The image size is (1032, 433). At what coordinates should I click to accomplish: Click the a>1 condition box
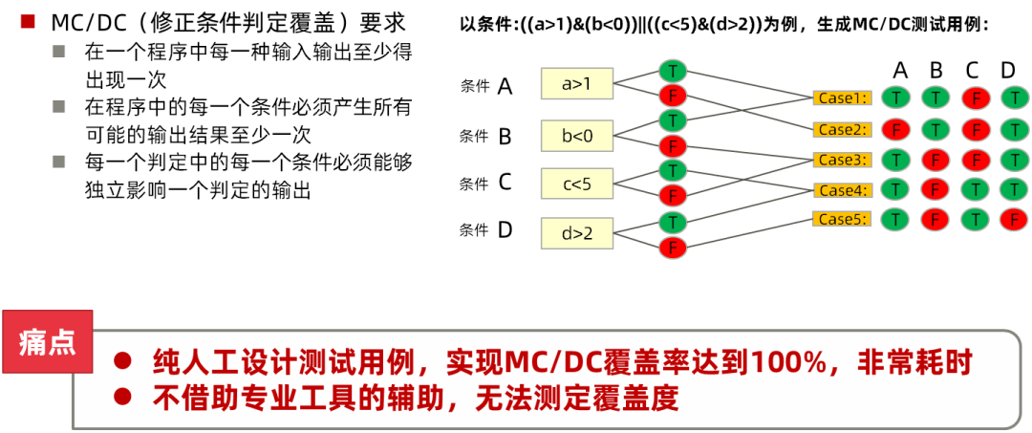tap(576, 84)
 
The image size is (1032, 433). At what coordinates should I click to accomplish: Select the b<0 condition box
tap(576, 136)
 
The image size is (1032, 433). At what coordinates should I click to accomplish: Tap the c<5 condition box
tap(576, 184)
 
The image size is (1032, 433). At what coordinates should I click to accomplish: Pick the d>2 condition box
tap(576, 234)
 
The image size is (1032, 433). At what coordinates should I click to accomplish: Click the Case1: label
tap(842, 97)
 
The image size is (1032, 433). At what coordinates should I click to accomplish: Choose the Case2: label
tap(842, 129)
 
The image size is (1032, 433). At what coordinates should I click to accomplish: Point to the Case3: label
tap(842, 160)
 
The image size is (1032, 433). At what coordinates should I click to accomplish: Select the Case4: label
tap(842, 190)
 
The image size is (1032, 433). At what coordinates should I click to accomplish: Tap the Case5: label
tap(842, 219)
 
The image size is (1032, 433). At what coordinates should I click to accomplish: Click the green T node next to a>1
tap(673, 72)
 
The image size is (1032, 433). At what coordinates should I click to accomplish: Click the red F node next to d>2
tap(673, 248)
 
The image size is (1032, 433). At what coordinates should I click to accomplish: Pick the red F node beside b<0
tap(673, 146)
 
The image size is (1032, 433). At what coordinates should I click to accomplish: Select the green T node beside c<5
tap(673, 170)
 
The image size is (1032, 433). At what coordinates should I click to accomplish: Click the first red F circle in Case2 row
tap(894, 129)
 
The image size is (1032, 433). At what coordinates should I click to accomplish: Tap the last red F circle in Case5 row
tap(1013, 219)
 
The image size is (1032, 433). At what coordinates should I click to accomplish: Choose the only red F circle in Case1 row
tap(975, 97)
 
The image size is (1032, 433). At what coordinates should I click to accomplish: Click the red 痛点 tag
tap(47, 342)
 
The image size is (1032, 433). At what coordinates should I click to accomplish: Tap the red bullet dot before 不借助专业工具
tap(121, 396)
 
